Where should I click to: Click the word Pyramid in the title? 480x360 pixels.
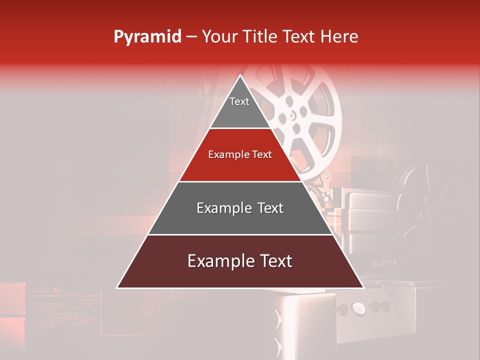point(147,37)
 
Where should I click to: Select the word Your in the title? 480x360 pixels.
point(219,37)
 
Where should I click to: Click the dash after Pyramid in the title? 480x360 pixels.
point(191,37)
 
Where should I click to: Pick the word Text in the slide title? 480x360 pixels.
point(300,37)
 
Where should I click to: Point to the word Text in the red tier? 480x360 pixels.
point(262,154)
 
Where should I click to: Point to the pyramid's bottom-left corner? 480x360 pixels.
point(117,288)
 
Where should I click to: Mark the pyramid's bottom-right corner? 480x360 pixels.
point(363,288)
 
